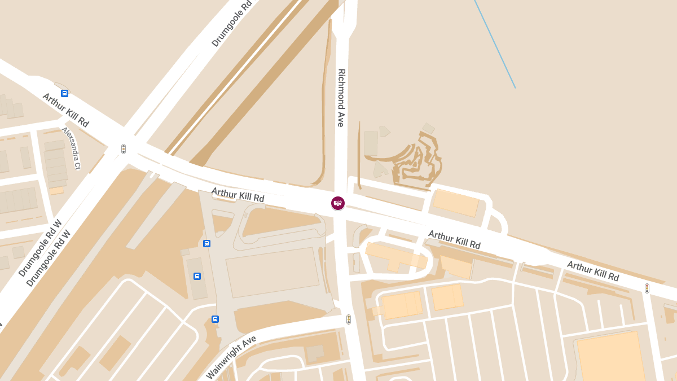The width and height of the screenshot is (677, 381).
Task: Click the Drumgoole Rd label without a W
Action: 231,24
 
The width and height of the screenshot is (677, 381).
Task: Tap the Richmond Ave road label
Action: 341,98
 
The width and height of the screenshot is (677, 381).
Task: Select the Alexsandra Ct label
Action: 72,148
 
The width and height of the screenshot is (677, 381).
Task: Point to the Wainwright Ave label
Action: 231,357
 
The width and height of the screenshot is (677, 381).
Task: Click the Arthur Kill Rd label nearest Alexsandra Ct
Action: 66,110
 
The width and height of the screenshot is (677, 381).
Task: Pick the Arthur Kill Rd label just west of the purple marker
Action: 238,195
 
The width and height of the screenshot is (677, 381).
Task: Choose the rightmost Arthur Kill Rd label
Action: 593,271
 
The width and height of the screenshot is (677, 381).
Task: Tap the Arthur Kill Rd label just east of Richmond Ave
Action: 454,239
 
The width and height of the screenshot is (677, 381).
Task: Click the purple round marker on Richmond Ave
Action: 338,203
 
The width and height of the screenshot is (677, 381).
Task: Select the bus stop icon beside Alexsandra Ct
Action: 64,94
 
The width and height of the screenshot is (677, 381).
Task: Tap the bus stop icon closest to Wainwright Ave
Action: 215,319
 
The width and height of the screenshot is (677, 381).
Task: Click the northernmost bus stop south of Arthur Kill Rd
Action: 206,243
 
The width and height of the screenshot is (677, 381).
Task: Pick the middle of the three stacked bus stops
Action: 197,276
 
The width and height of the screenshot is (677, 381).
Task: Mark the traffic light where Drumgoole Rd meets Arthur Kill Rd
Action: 124,149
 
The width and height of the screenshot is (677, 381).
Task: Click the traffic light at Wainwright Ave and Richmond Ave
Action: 349,319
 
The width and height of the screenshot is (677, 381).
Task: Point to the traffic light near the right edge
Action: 647,288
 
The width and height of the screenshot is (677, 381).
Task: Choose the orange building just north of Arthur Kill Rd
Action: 456,203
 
